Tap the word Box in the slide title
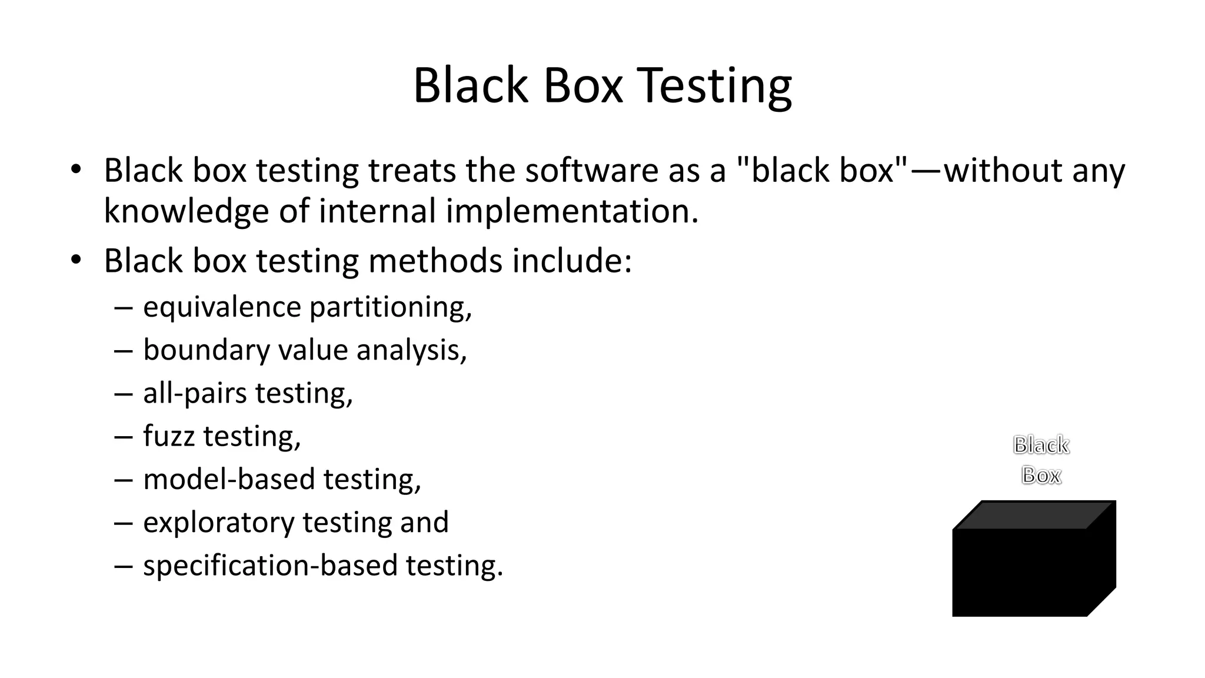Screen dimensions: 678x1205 (582, 86)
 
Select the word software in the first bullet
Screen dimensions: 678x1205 (592, 171)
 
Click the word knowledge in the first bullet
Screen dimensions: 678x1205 (186, 211)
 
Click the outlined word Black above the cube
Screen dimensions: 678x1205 (1041, 446)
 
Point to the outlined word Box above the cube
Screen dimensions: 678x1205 (1041, 475)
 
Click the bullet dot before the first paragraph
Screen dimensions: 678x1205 (75, 169)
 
